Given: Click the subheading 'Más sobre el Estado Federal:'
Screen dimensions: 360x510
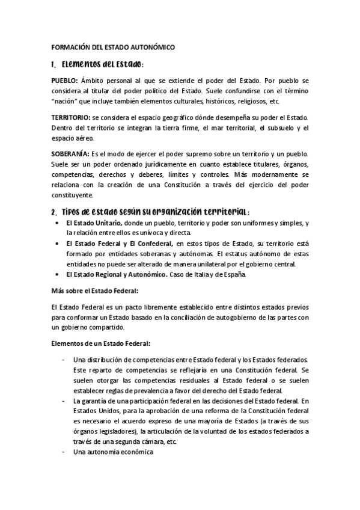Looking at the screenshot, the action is coord(95,291).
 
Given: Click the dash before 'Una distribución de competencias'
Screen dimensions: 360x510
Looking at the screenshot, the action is coord(64,360).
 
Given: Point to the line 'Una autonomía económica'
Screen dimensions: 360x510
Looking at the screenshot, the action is coord(114,452).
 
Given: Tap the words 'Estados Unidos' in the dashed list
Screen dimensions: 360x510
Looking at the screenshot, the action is coord(91,411).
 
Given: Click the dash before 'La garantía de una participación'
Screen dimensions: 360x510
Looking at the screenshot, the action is coord(64,401).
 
